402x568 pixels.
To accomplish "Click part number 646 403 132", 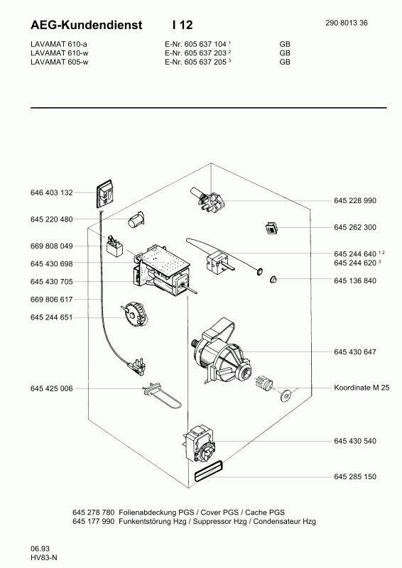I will click(x=52, y=192).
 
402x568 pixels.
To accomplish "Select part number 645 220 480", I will click(x=52, y=219).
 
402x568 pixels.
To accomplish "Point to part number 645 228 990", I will click(x=354, y=201).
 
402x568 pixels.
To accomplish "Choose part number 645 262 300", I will click(x=354, y=227).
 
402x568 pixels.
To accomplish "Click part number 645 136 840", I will click(x=354, y=280).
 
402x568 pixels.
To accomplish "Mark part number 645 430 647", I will click(x=354, y=352).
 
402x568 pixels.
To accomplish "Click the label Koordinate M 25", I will click(x=361, y=389).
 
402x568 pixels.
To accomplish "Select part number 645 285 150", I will click(x=354, y=476).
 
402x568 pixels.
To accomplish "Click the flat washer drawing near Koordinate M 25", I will click(x=287, y=395).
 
